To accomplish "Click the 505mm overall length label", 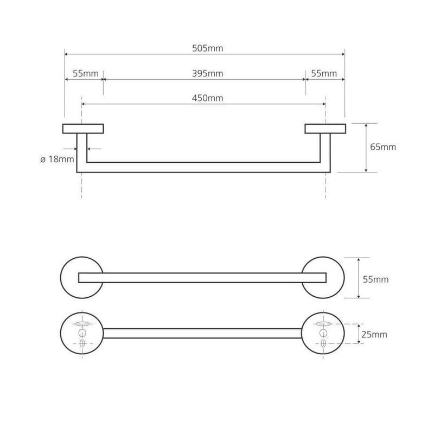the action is point(208,48).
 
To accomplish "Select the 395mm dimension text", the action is point(208,74).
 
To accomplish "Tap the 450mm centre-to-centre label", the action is point(208,98).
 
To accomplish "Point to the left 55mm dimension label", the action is point(86,74).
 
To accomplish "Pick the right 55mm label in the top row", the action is point(324,74).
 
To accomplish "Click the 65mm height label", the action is point(383,147).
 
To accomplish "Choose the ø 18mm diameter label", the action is point(58,159).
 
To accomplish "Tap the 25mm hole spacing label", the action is point(374,335).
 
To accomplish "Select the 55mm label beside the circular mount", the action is point(375,279).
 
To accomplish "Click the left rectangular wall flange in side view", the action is point(83,129).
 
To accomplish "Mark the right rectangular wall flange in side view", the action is point(325,129).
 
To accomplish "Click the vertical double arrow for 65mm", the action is point(366,148).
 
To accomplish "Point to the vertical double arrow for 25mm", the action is point(359,334).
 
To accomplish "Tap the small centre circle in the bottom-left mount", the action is point(82,333).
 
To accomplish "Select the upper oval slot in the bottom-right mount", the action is point(323,323).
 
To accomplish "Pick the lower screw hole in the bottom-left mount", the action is point(82,343).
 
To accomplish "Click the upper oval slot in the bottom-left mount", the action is point(82,323).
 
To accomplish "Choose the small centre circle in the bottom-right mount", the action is point(323,333).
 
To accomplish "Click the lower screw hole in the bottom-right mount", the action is point(323,343).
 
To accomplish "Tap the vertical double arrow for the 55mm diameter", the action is point(359,278).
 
